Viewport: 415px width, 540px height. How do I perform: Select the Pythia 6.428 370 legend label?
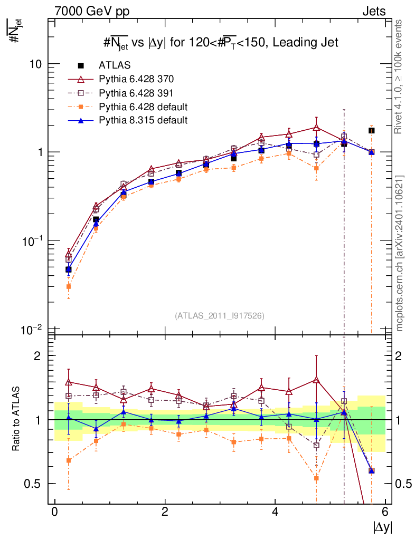point(136,79)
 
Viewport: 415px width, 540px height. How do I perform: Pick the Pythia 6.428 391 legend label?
point(136,93)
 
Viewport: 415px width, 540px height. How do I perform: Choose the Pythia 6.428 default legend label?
point(143,107)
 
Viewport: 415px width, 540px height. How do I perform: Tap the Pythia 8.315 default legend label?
point(143,120)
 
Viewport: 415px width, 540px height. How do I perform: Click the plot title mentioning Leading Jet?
point(220,42)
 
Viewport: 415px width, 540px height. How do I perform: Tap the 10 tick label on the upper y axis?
point(36,64)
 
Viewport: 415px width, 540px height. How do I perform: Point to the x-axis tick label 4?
point(275,512)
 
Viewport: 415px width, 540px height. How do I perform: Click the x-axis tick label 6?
point(385,512)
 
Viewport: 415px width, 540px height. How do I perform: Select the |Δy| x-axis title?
point(382,527)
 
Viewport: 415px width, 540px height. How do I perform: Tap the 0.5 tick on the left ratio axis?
point(35,484)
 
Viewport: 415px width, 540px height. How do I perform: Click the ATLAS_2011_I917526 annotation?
point(220,315)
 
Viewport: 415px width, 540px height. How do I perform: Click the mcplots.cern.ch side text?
point(400,253)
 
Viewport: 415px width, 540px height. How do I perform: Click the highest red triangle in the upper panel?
point(316,127)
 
